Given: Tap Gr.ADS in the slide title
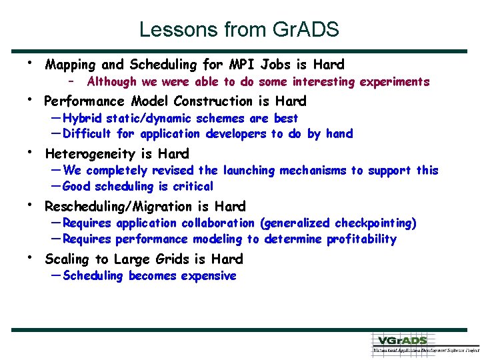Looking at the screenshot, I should click(x=306, y=29).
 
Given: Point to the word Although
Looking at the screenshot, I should click(x=112, y=82).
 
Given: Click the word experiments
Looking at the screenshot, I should click(x=395, y=82).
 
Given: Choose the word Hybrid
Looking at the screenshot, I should click(x=83, y=119).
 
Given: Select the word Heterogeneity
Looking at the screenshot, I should click(x=91, y=154).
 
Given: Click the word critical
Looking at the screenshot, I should click(x=193, y=187).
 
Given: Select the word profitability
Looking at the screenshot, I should click(x=361, y=239).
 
